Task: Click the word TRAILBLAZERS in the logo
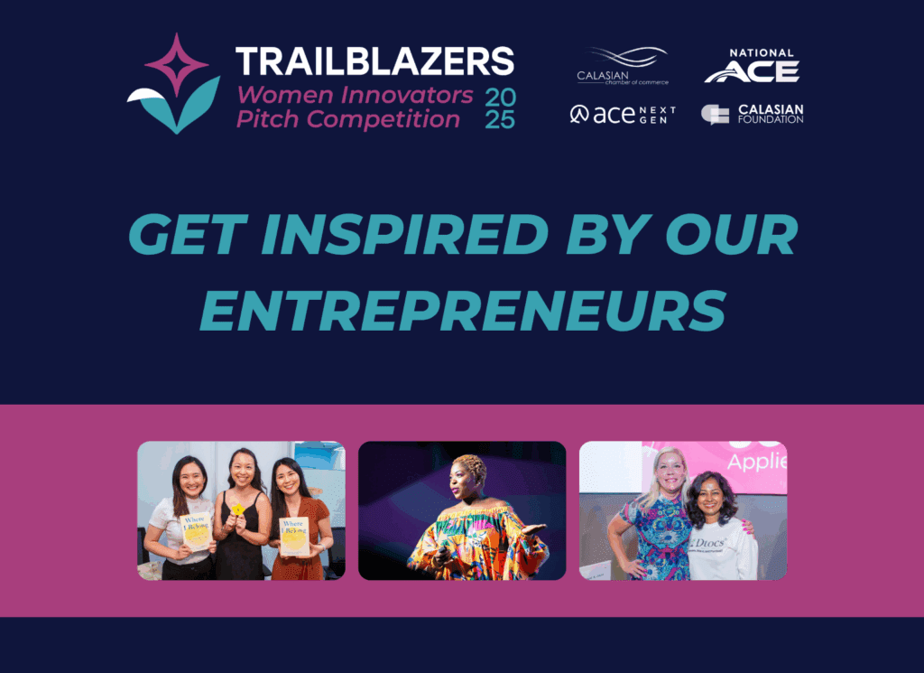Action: click(374, 61)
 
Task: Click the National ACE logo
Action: click(751, 67)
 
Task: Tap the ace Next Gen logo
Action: click(623, 115)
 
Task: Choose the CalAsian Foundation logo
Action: click(752, 114)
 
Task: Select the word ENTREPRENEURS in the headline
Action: click(462, 310)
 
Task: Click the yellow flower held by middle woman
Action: click(238, 509)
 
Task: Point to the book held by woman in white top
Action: click(196, 531)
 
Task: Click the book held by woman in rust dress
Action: click(294, 536)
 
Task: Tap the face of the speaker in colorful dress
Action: click(468, 481)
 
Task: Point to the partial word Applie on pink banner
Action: click(757, 462)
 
